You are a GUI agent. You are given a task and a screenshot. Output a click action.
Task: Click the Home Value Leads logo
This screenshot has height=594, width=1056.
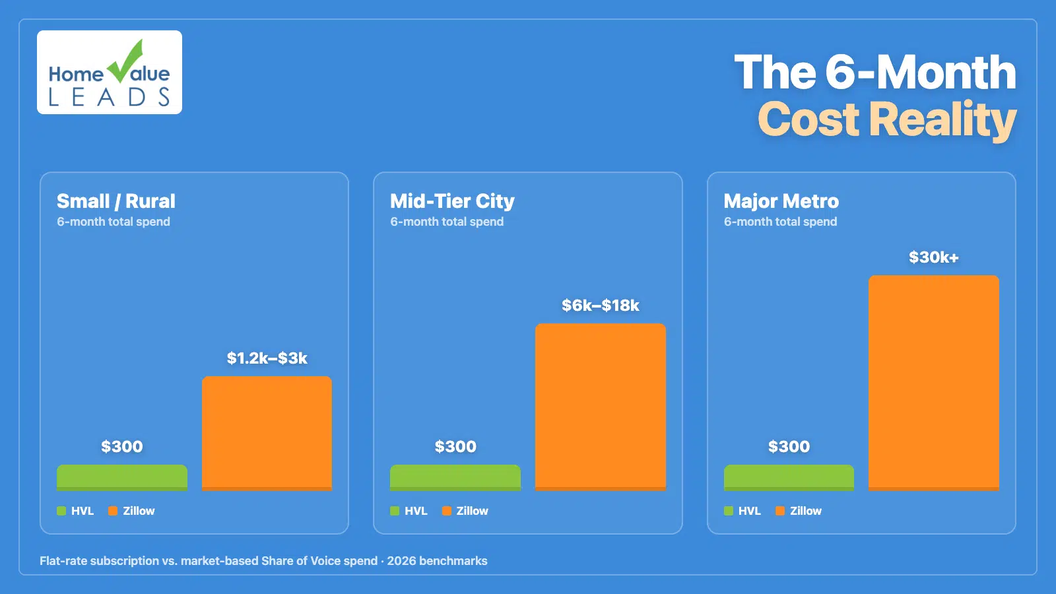(110, 73)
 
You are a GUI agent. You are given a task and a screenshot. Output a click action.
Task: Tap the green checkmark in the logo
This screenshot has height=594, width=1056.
(127, 61)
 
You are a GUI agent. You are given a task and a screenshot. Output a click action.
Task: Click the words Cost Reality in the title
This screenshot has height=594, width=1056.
(886, 120)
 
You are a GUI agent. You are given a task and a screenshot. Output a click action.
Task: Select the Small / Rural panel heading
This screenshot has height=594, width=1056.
(116, 201)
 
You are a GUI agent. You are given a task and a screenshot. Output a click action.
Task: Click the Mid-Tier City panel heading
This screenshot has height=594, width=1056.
(452, 201)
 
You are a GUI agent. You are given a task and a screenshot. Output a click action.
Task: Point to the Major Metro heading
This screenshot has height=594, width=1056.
(781, 201)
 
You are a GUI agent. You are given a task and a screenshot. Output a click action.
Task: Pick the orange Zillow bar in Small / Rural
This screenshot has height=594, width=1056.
(267, 433)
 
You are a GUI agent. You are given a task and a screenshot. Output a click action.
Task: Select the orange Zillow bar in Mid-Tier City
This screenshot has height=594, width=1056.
(600, 407)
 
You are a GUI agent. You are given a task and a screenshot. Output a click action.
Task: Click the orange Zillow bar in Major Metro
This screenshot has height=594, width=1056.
(933, 383)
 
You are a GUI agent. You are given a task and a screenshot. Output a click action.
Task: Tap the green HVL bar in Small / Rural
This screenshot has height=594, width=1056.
(122, 477)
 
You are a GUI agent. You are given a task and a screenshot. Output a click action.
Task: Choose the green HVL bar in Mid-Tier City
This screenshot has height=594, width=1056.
(455, 477)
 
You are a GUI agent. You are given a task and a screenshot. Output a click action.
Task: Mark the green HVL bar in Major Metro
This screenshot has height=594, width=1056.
(789, 477)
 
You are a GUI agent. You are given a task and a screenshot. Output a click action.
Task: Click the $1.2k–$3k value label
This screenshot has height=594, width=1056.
(267, 358)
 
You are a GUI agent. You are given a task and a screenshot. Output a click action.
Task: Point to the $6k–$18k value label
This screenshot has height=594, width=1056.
(600, 306)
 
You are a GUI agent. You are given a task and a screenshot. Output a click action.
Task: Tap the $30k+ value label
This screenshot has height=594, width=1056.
(933, 257)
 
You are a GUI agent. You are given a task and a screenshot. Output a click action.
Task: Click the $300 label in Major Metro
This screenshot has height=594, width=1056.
(789, 447)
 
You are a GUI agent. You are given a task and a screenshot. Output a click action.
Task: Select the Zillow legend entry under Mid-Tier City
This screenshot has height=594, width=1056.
(466, 511)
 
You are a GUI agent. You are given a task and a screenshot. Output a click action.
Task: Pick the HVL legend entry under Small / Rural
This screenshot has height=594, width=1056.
(76, 511)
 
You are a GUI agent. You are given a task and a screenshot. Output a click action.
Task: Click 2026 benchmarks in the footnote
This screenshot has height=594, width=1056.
(437, 561)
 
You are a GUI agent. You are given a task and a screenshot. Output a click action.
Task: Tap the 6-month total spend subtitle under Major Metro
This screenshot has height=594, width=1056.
(780, 222)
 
